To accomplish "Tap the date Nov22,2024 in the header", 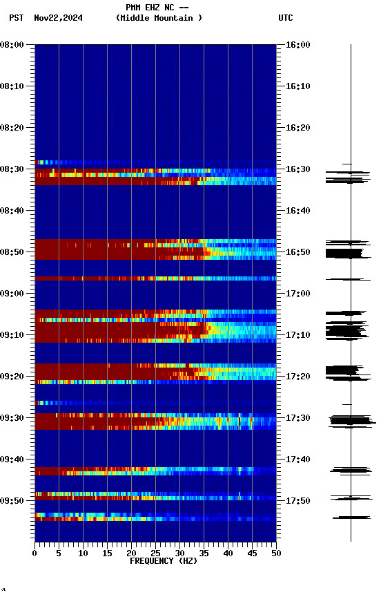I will [58, 18].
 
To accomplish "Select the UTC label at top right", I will [286, 18].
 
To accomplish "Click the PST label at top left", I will [17, 18].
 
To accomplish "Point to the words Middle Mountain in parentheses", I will [159, 18].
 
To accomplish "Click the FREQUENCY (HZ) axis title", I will [164, 561].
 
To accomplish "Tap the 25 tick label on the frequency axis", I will [155, 553].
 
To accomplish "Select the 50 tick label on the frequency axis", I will [276, 553].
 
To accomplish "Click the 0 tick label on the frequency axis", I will [35, 553].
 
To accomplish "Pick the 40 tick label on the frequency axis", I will [228, 553].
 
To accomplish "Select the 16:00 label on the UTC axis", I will [297, 45].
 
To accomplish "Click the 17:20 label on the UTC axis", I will [297, 377].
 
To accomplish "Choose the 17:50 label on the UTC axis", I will [297, 501].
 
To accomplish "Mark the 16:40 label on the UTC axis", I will [297, 211].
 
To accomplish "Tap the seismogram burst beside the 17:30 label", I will [350, 420].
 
